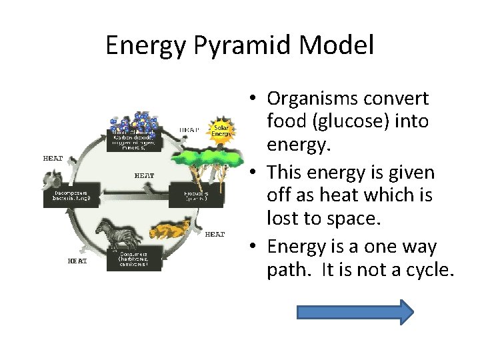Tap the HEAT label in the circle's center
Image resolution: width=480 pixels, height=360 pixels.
click(x=144, y=175)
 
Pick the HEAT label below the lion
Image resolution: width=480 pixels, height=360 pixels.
click(x=215, y=234)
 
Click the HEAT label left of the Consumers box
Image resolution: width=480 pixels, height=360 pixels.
click(x=77, y=261)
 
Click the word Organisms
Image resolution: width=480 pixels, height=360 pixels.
click(x=312, y=98)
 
